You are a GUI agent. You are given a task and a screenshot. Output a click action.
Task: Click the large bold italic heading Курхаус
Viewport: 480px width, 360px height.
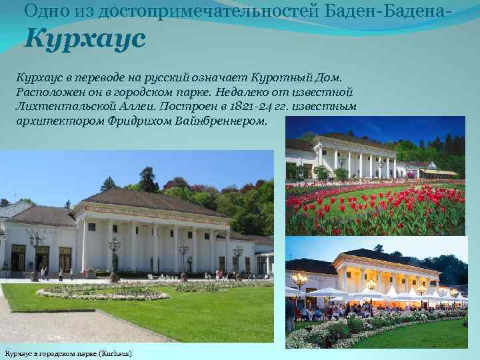85,39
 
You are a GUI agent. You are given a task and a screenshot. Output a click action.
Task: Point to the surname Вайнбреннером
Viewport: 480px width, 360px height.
223,122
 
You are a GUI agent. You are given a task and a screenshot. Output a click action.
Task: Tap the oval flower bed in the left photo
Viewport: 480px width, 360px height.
100,292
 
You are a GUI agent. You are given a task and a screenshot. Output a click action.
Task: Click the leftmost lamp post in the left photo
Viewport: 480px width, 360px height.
36,253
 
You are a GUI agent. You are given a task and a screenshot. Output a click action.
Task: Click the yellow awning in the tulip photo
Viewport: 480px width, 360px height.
440,172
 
